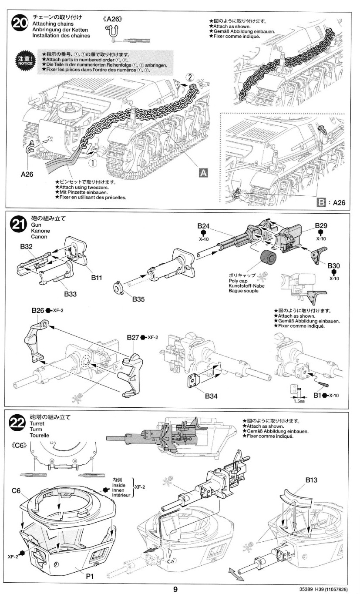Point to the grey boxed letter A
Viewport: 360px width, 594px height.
coord(202,173)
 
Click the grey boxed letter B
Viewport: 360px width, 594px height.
coord(321,202)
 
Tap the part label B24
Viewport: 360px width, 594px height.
coord(203,226)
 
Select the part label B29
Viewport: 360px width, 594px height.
coord(321,226)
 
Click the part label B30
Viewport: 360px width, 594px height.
coord(333,265)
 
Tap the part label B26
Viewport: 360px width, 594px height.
coord(38,311)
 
